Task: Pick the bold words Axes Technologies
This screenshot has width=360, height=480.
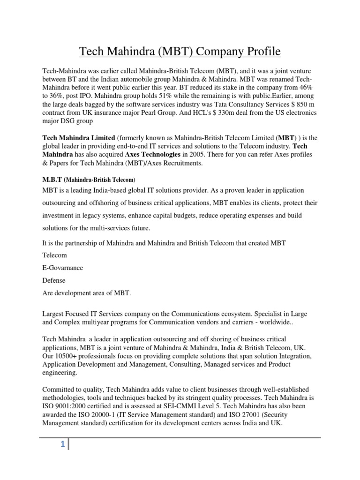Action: pos(155,154)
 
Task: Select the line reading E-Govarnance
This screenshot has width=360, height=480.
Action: pos(63,268)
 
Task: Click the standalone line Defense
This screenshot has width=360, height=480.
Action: pos(54,280)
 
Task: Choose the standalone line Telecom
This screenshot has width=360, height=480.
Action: pos(55,255)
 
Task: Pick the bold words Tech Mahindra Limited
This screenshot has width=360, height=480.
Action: pos(79,137)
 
